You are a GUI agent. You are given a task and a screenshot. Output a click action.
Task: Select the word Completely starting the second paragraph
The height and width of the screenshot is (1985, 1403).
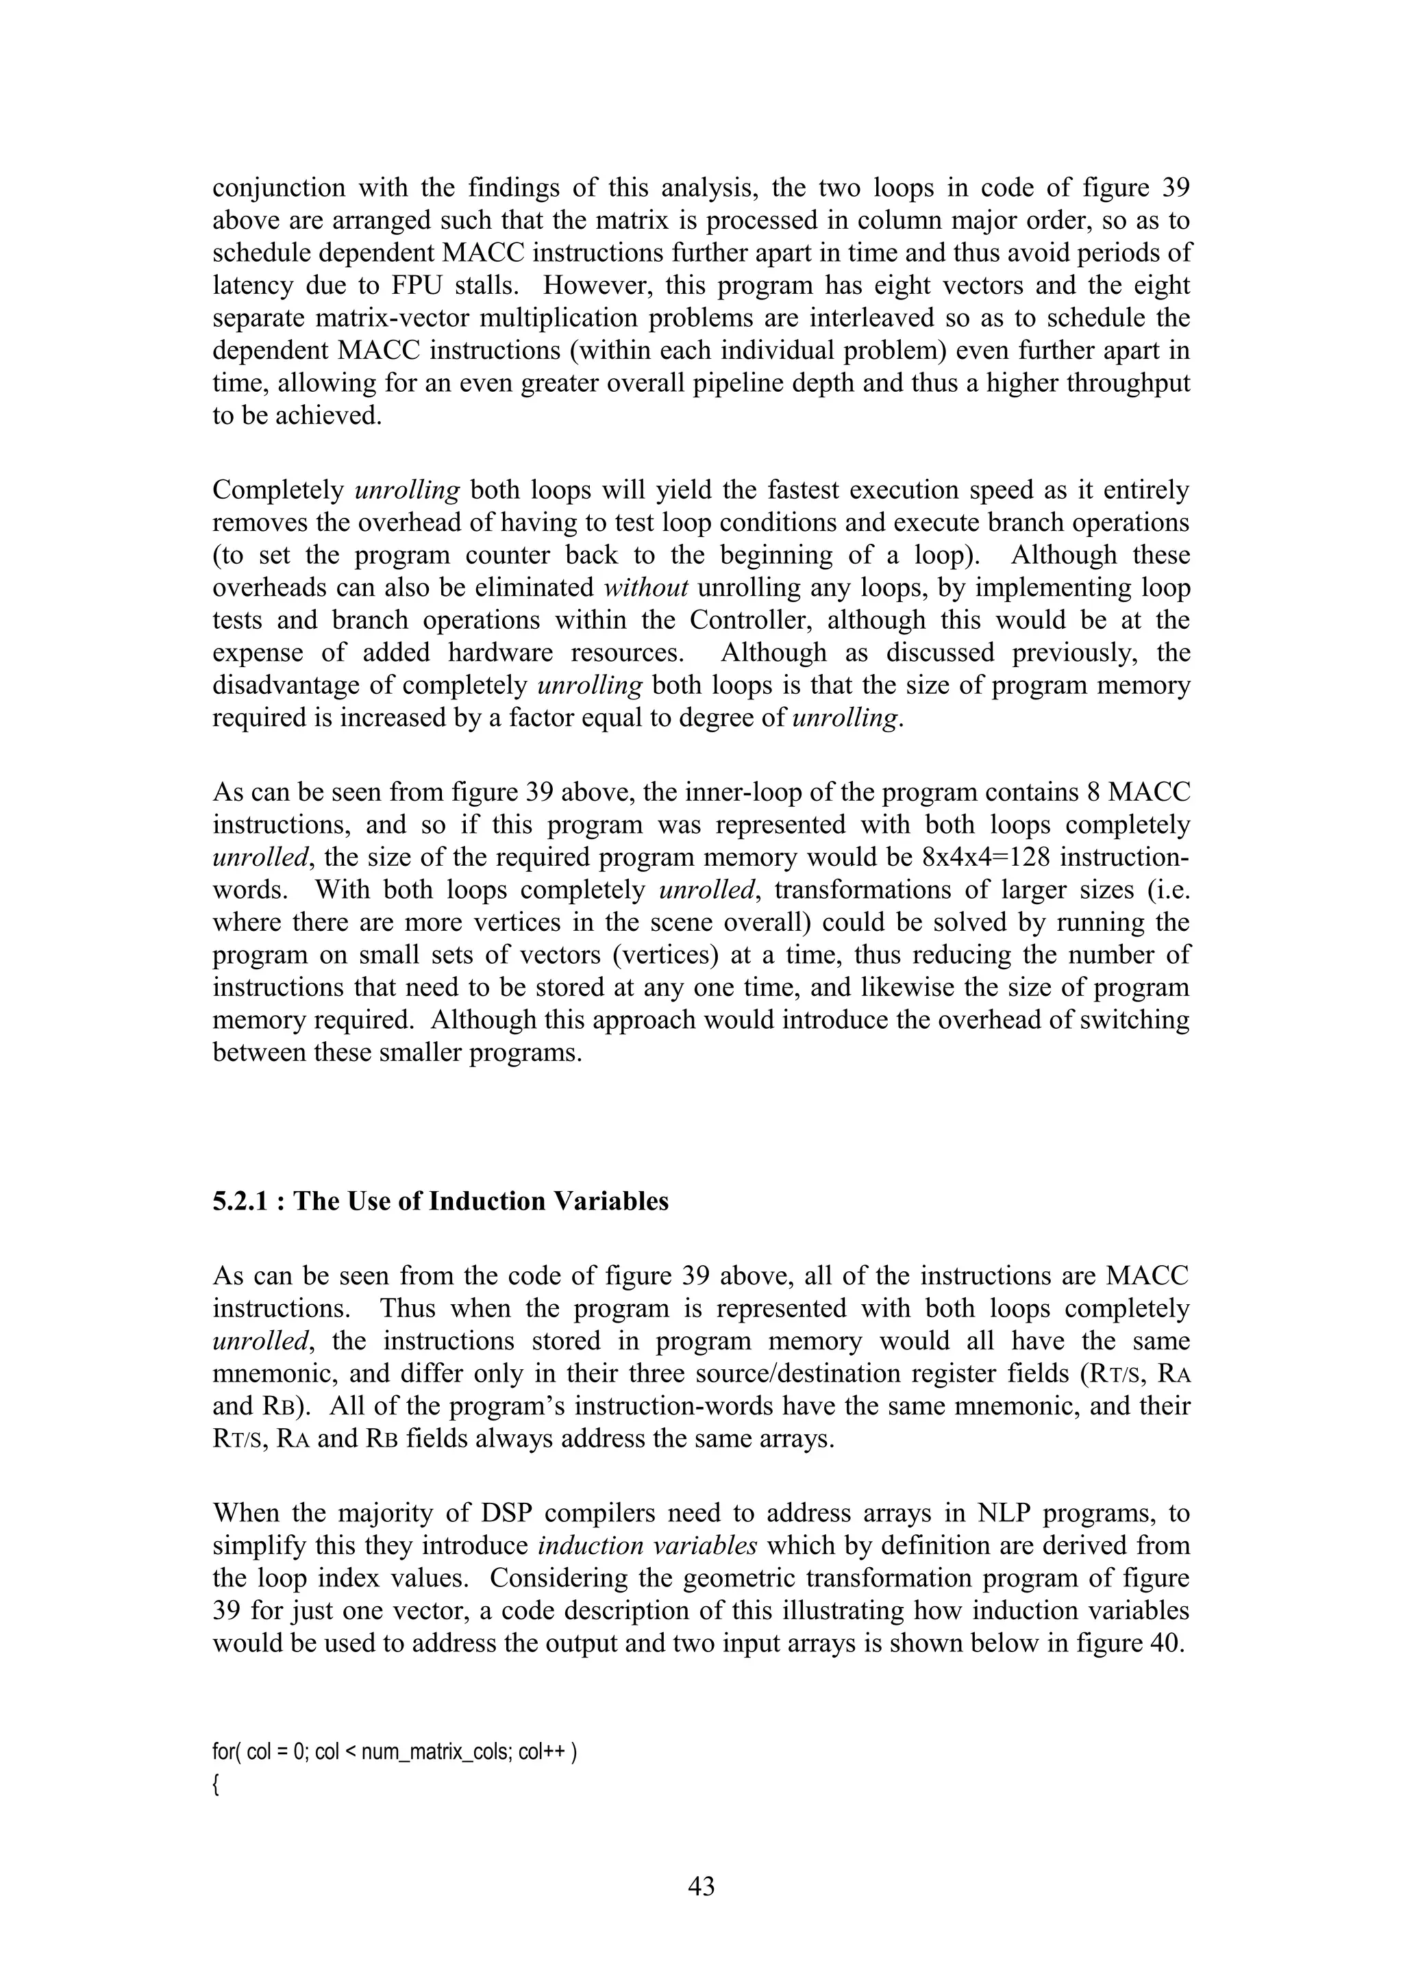click(278, 490)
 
